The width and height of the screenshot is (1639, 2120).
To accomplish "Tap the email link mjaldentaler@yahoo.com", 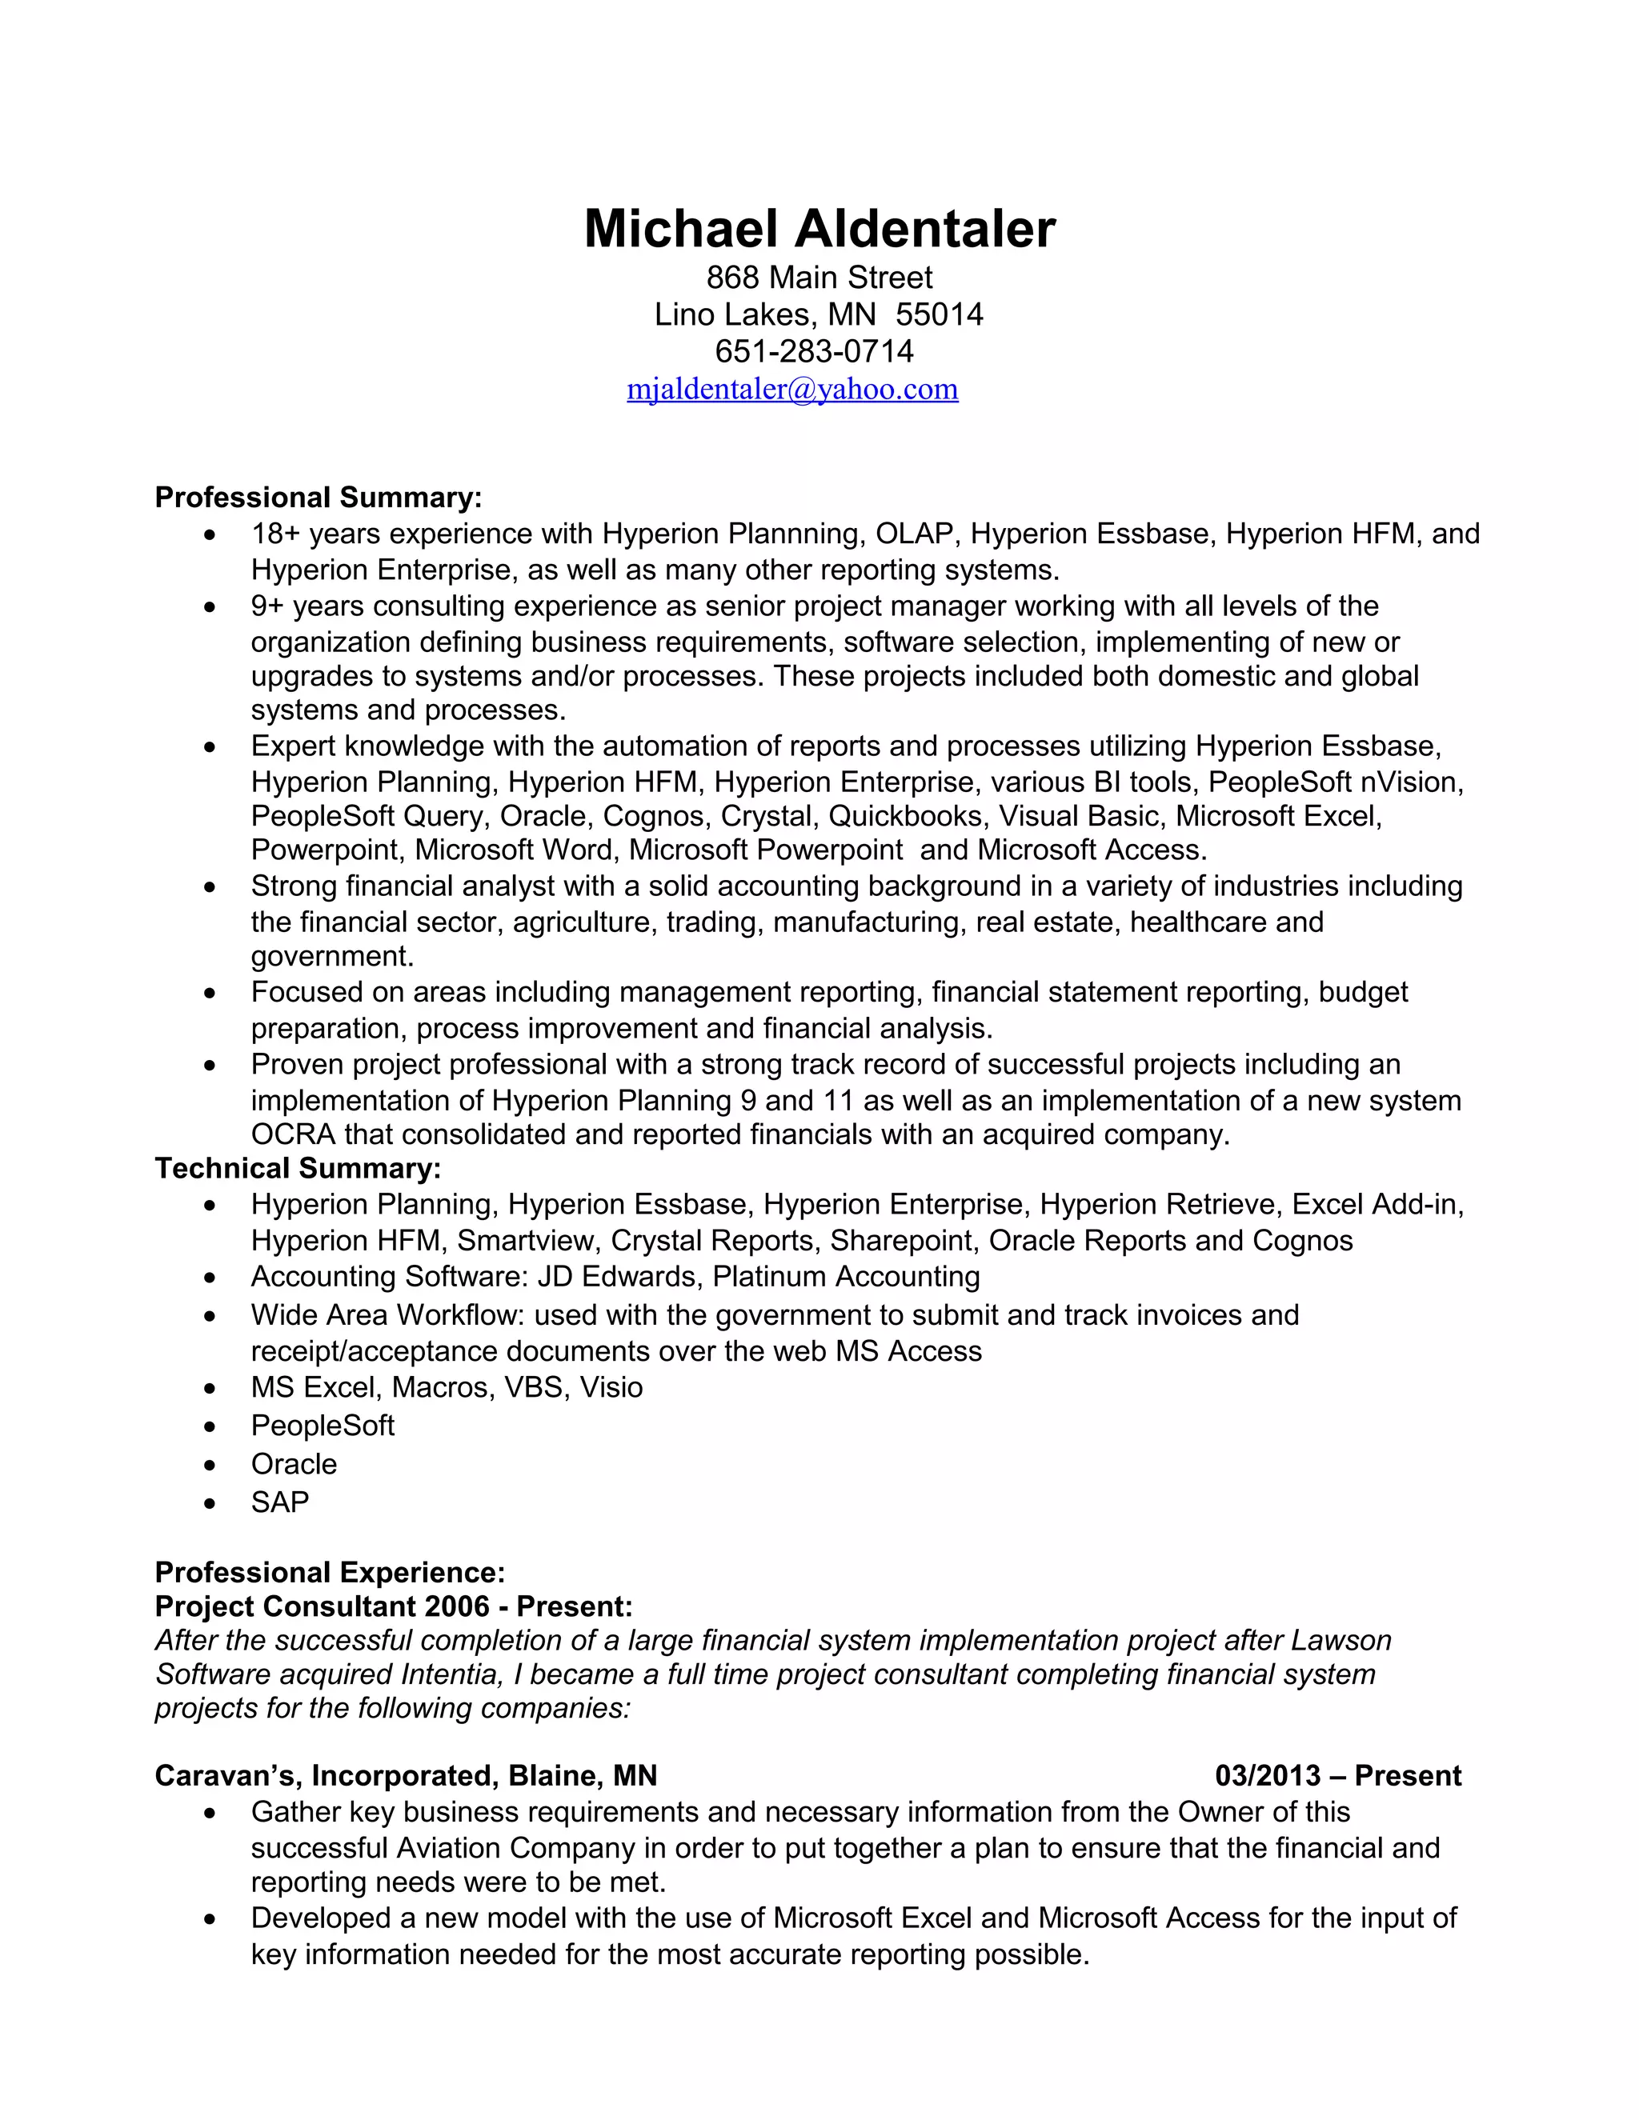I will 792,390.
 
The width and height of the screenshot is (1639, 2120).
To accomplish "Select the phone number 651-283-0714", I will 814,350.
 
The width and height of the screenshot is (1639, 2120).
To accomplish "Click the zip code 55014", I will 939,314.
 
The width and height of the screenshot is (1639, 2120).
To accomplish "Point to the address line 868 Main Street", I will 819,278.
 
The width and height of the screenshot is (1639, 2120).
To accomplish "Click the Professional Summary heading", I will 319,497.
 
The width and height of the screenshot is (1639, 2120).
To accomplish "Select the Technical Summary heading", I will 298,1168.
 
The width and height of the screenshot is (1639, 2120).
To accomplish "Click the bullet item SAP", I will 279,1502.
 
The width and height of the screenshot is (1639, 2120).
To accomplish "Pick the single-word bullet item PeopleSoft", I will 323,1425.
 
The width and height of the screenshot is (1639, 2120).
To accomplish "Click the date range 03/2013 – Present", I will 1337,1775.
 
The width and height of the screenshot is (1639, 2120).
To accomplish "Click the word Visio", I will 611,1387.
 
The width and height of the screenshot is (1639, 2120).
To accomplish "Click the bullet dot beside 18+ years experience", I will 210,535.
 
